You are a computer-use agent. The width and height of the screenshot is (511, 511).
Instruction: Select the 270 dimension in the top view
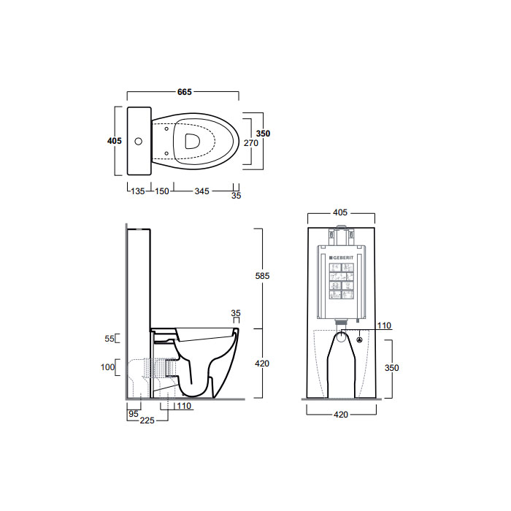252,144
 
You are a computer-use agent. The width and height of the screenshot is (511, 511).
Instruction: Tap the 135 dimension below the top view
137,192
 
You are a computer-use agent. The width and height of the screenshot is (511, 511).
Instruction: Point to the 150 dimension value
161,192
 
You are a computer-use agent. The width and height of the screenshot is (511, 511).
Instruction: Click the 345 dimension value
201,192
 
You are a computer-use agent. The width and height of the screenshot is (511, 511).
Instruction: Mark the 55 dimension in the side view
110,339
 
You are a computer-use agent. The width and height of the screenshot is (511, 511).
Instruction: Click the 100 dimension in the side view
109,367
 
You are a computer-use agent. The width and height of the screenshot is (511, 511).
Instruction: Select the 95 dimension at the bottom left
134,414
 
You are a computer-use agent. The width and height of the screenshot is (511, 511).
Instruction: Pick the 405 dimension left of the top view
114,141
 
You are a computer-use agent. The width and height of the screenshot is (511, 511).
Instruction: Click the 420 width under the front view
342,415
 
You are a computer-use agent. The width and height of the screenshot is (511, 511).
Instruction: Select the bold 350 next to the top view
264,134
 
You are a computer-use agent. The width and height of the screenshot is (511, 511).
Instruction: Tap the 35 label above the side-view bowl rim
235,312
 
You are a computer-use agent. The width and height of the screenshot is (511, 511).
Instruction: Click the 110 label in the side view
183,407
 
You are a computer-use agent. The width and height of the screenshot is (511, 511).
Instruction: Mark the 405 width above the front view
339,213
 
